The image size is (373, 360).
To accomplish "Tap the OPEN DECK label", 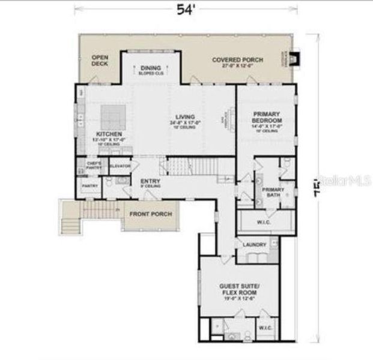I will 100,59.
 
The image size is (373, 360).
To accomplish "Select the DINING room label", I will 151,68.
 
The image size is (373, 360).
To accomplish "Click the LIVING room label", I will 184,118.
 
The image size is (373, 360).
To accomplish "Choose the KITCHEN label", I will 109,134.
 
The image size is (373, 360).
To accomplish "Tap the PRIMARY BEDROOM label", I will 267,118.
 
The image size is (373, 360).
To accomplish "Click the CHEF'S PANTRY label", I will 94,165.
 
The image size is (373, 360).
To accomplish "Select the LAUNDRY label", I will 254,245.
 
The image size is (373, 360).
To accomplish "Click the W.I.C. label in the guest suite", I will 265,328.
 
